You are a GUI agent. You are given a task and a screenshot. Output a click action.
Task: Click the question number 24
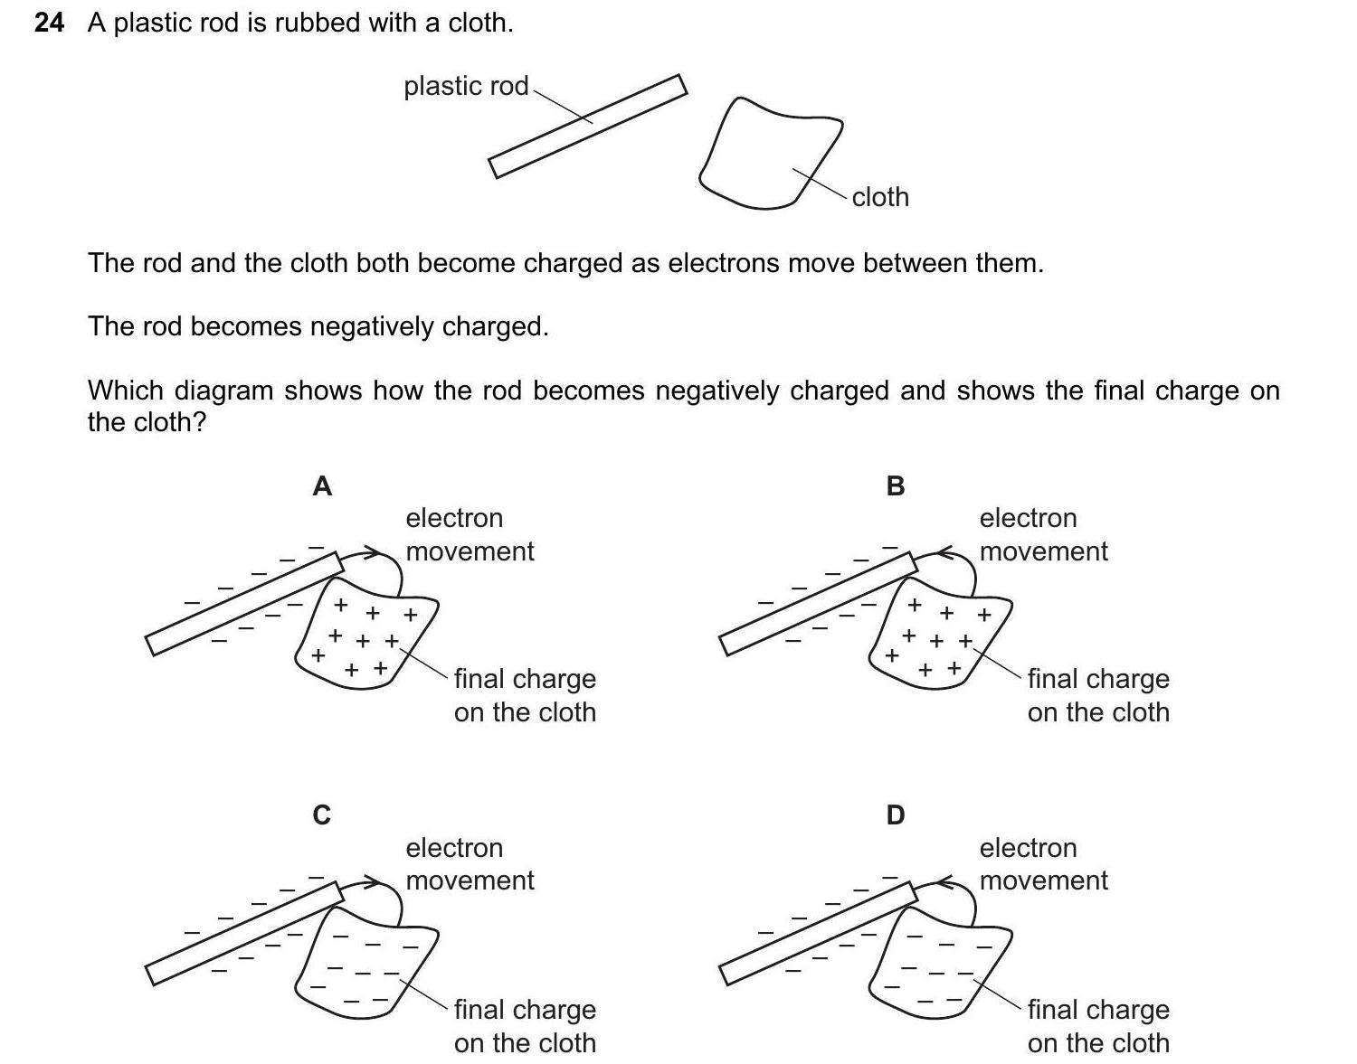click(49, 23)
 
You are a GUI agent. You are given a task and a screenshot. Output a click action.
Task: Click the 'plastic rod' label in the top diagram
click(466, 86)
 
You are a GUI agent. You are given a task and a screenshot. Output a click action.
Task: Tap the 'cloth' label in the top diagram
click(880, 197)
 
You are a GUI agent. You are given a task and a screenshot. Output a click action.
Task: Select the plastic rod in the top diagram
click(588, 127)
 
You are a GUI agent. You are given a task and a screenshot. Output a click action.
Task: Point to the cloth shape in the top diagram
click(769, 154)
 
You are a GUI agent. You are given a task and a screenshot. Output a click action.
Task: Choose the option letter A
click(322, 486)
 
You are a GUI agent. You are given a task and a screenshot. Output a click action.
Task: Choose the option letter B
click(896, 486)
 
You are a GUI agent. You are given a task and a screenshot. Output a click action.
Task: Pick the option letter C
click(322, 815)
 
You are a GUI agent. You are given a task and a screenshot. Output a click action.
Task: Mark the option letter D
click(896, 815)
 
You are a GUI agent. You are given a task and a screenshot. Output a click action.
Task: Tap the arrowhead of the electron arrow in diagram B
click(944, 551)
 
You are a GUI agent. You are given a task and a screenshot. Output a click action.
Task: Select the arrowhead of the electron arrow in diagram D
click(944, 880)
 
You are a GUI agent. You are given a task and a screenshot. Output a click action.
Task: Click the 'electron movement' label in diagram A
click(470, 534)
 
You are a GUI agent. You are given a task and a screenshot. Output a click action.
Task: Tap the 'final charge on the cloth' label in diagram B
click(1098, 695)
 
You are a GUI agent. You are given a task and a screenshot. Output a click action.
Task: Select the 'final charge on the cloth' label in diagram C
click(525, 1025)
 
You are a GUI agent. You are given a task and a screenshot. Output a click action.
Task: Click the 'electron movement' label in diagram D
click(1043, 864)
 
